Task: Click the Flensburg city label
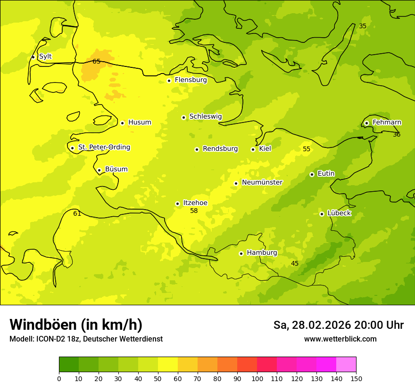(x=191, y=80)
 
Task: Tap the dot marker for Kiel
(x=253, y=149)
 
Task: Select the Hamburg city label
(x=262, y=253)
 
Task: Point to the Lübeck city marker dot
(x=322, y=214)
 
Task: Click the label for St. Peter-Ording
(x=104, y=147)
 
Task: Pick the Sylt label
(x=45, y=57)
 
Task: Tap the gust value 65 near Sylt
(x=96, y=61)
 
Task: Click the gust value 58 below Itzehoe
(x=194, y=211)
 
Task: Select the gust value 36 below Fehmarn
(x=397, y=135)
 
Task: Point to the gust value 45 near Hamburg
(x=295, y=264)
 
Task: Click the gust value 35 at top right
(x=363, y=26)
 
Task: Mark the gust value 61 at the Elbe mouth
(x=77, y=214)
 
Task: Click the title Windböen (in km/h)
(x=76, y=325)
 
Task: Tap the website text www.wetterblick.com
(x=340, y=339)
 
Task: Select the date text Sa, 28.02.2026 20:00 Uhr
(x=338, y=325)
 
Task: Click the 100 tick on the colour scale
(x=257, y=378)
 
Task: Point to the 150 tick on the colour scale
(x=356, y=378)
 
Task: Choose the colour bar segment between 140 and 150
(x=346, y=364)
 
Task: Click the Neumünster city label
(x=262, y=182)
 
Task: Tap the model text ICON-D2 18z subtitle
(x=86, y=339)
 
